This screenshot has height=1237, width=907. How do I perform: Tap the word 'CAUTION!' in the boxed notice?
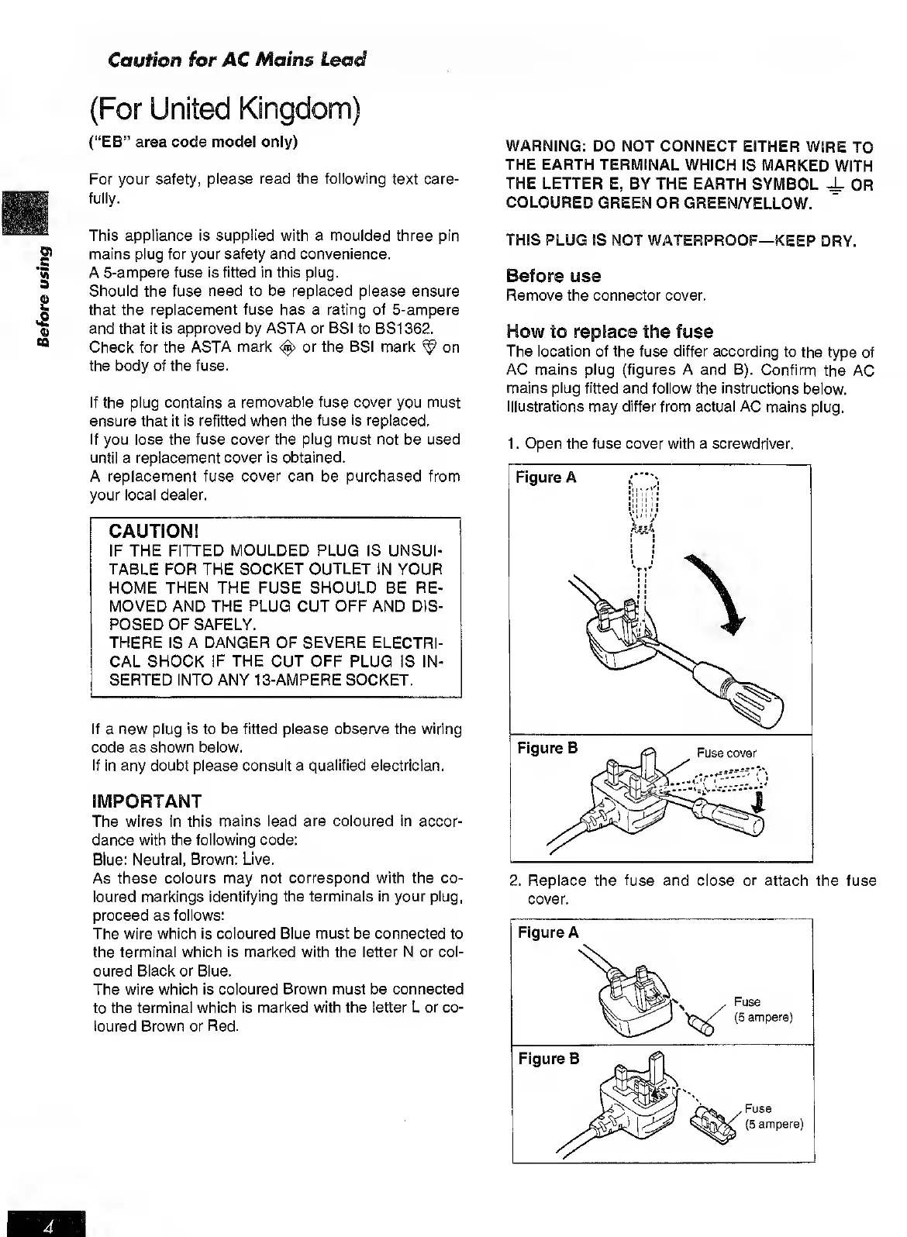click(x=154, y=531)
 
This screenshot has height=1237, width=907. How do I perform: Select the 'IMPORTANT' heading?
click(x=147, y=801)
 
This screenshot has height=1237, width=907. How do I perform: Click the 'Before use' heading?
click(x=553, y=276)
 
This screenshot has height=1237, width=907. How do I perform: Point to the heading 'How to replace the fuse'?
click(x=609, y=332)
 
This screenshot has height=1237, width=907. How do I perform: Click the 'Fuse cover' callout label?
click(x=726, y=753)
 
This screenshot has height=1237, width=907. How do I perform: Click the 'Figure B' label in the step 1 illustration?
click(x=547, y=748)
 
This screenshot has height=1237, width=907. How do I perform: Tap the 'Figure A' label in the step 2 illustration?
click(x=549, y=932)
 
